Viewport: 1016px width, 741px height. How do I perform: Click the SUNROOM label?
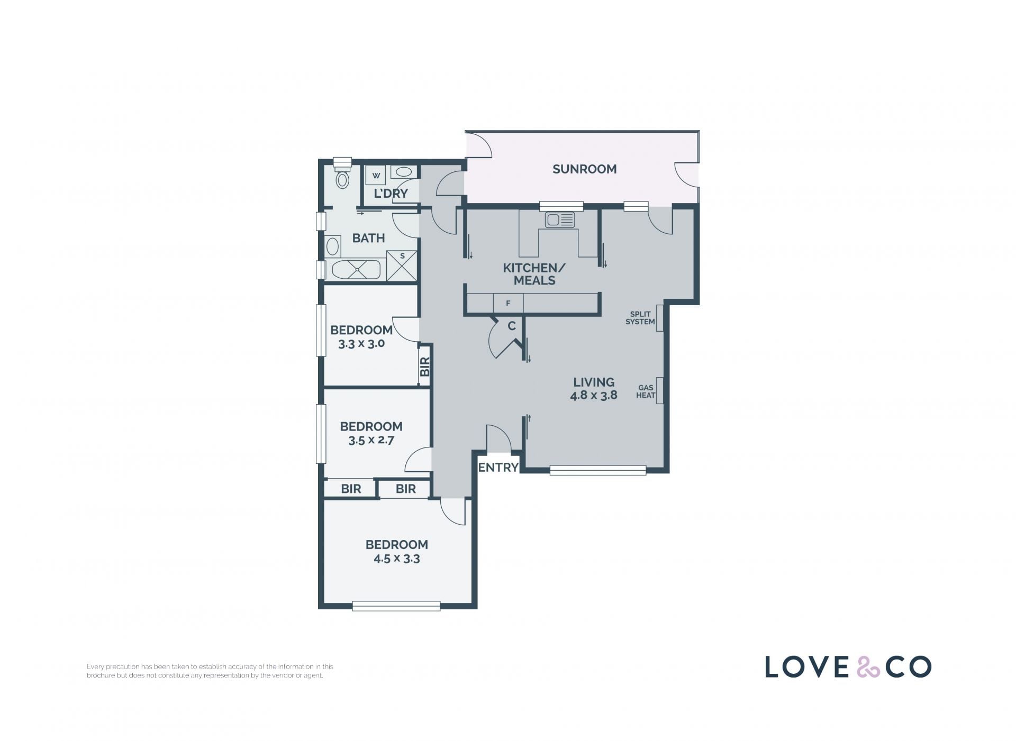point(584,169)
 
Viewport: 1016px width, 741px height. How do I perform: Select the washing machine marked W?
point(376,175)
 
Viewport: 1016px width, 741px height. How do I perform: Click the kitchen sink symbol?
point(560,219)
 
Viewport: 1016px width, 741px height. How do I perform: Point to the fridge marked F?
point(508,304)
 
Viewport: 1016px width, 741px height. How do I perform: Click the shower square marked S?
point(402,266)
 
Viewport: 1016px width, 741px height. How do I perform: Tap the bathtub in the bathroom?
point(356,270)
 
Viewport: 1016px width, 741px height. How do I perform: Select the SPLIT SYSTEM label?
point(640,318)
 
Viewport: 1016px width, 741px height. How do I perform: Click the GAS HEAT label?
point(646,391)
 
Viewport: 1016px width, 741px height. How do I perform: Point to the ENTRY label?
point(498,468)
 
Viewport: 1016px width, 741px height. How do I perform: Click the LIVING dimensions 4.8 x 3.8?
point(594,395)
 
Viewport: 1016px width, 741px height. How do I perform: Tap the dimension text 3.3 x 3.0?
point(361,343)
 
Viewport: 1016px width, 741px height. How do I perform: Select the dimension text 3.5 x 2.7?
point(371,440)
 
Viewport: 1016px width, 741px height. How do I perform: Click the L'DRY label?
point(391,194)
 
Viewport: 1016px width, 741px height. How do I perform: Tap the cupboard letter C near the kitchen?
point(512,326)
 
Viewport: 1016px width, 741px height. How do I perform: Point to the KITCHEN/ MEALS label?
point(534,274)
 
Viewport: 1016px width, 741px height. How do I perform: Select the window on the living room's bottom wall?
point(598,470)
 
